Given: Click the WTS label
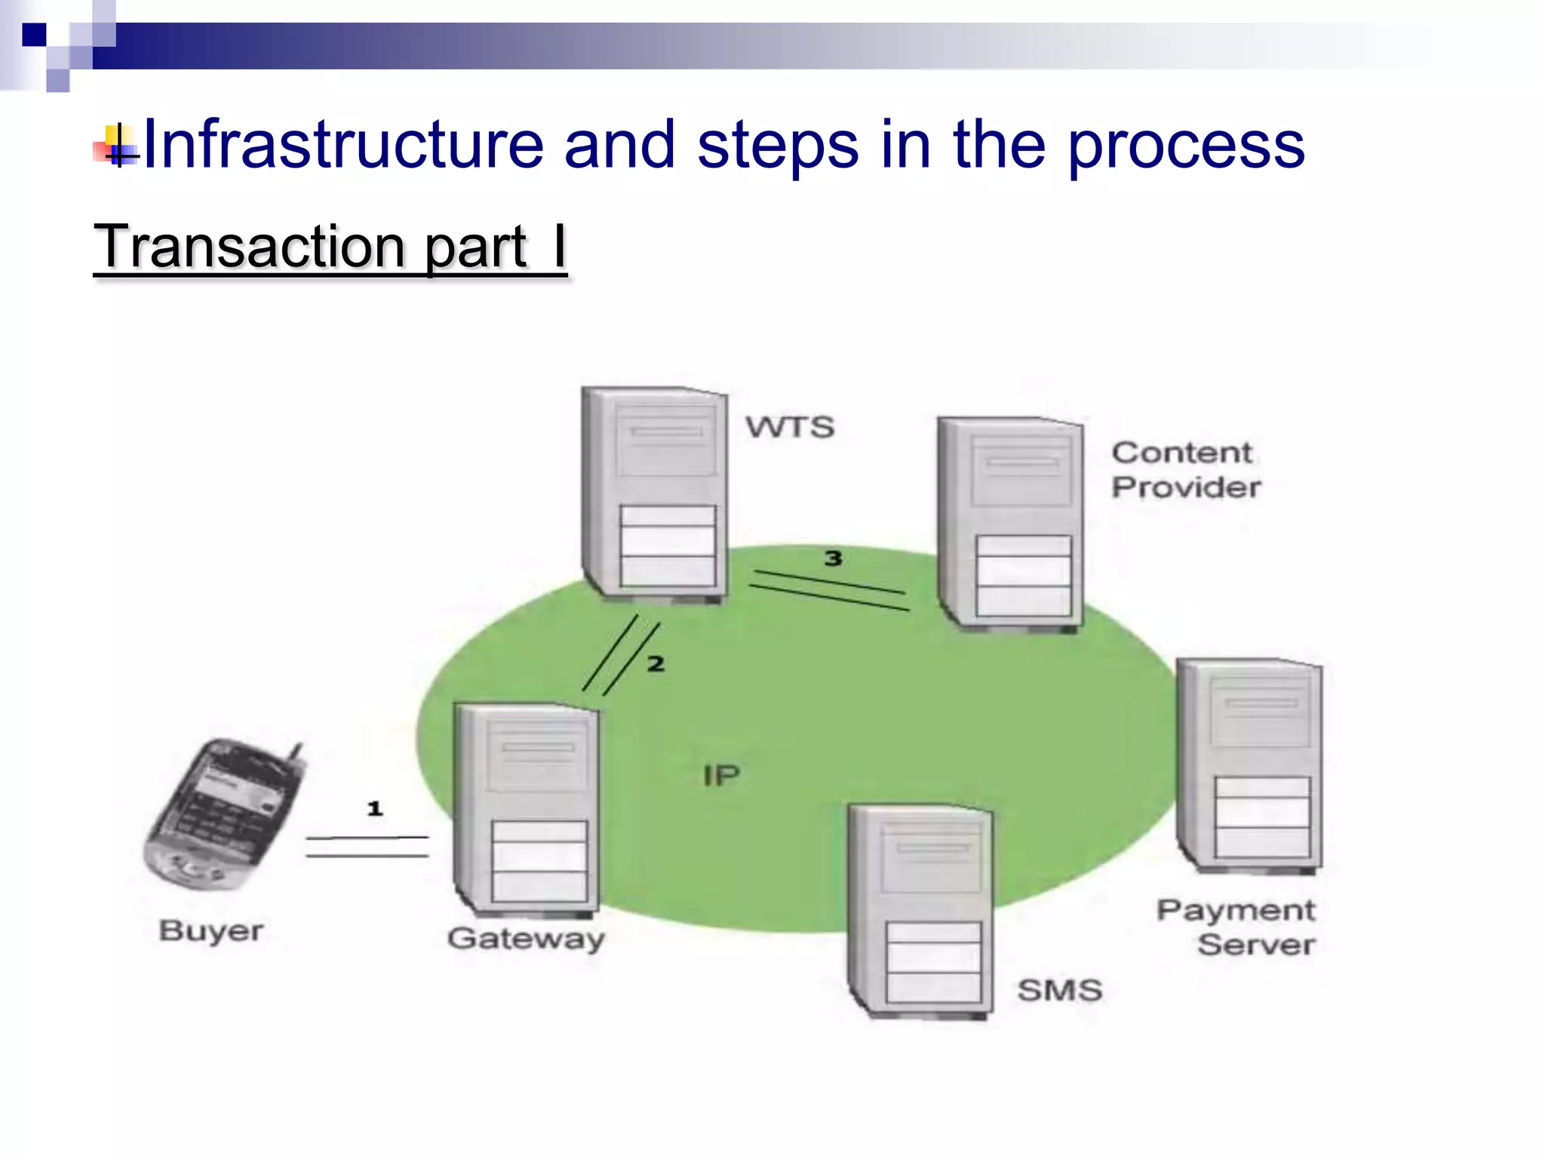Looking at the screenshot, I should point(790,427).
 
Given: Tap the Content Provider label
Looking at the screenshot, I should point(1185,470).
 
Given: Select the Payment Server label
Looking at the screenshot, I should point(1237,927).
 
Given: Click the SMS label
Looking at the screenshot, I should point(1060,990).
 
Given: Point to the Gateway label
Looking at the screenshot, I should point(526,939).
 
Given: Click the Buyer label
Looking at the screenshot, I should point(211,931).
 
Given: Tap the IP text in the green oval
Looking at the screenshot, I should point(721,776).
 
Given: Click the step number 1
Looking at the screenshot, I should point(375,809).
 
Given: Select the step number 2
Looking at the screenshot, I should point(656,664).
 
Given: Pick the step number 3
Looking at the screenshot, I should point(833,558).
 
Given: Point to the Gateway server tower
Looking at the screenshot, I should point(527,807).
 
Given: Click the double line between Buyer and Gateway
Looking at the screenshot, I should point(367,847).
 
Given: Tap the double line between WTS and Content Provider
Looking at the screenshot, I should point(830,590).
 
